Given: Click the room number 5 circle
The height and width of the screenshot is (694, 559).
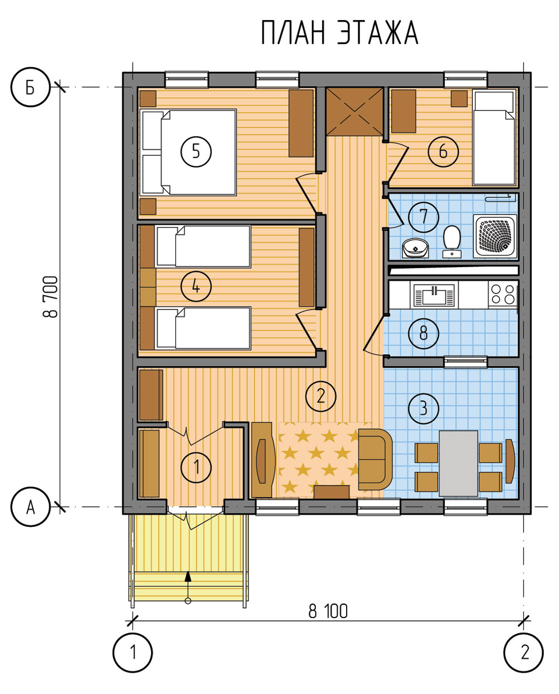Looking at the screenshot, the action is click(196, 151).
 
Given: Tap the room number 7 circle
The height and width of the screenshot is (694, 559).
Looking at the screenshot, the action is click(424, 217).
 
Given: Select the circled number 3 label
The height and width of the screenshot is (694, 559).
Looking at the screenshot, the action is click(424, 408).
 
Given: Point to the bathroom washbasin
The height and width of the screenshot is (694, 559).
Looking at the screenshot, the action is click(415, 248).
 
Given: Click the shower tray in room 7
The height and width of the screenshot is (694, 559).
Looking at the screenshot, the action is click(495, 236).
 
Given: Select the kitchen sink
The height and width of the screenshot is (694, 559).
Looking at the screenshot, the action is click(434, 294).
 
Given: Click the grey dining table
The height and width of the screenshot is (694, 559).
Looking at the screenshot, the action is click(458, 463).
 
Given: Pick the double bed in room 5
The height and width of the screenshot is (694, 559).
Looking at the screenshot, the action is click(188, 152).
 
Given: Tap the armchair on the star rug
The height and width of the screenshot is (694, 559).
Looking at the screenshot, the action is click(375, 459).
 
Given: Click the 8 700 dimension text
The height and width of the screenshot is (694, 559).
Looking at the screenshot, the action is click(51, 297).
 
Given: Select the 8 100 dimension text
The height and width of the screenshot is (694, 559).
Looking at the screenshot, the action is click(328, 611).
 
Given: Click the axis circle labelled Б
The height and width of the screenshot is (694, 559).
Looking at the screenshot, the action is click(31, 87).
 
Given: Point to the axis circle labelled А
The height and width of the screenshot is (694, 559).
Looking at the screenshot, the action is click(31, 507).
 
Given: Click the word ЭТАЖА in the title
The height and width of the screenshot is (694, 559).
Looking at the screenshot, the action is click(378, 33).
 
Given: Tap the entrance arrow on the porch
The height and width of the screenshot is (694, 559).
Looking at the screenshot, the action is click(188, 586).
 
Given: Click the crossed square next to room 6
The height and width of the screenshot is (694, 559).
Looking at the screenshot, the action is click(354, 111).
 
